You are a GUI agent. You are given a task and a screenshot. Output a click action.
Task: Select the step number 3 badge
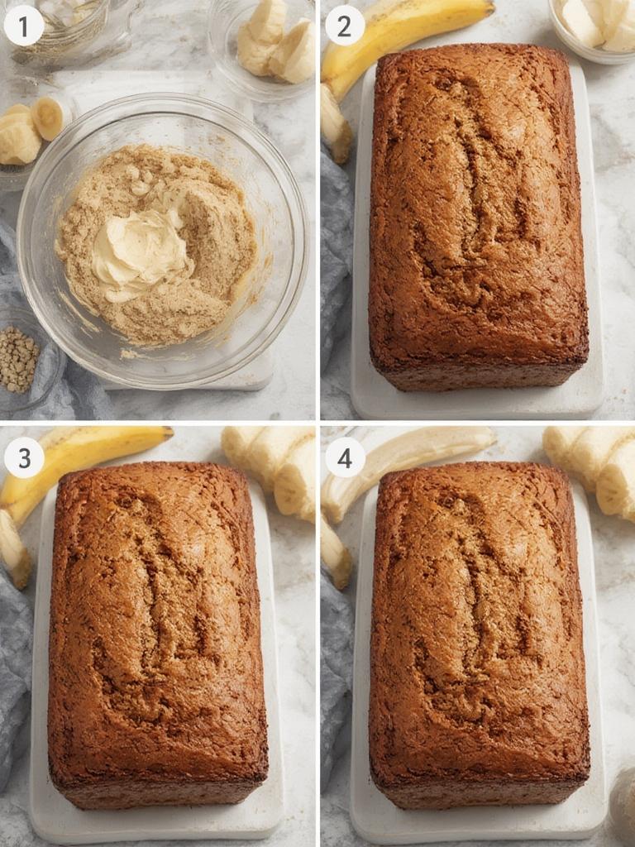point(23,457)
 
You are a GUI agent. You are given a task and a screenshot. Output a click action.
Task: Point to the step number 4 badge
point(344,457)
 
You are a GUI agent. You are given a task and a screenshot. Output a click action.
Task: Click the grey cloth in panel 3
point(15,662)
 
